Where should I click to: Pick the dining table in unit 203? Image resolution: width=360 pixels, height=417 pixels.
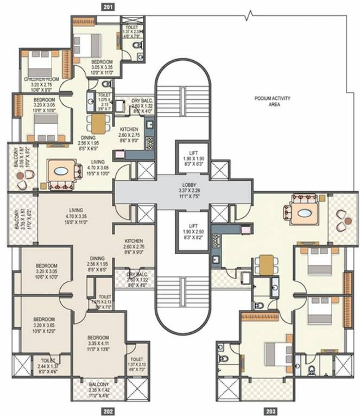267,266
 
